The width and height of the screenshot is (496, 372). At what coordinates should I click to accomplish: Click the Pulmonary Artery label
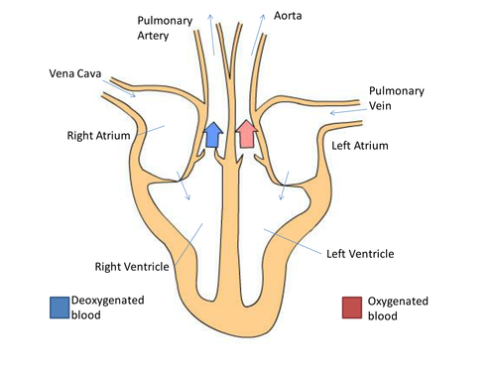click(165, 28)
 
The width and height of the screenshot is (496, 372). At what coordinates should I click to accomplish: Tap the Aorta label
click(288, 16)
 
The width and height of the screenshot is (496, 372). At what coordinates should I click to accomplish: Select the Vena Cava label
click(75, 73)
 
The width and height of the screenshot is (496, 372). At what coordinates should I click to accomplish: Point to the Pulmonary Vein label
click(397, 98)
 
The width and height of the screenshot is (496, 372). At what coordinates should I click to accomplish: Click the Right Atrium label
click(98, 136)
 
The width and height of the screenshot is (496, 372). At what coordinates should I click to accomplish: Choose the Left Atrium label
click(360, 146)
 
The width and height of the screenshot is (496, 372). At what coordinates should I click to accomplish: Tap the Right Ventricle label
click(132, 267)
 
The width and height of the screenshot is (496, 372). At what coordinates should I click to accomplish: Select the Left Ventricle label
click(360, 254)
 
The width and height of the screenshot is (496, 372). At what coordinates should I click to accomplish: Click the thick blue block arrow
click(213, 135)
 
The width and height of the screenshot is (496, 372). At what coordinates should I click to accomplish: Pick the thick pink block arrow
click(247, 134)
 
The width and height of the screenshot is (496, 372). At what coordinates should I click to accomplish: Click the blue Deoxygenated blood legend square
click(60, 308)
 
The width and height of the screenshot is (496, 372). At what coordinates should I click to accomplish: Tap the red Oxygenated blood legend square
click(352, 308)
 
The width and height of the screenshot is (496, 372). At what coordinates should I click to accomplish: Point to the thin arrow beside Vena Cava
click(119, 88)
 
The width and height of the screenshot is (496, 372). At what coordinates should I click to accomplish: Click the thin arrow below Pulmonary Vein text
click(348, 111)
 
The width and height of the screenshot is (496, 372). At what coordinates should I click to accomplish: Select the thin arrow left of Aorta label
click(258, 35)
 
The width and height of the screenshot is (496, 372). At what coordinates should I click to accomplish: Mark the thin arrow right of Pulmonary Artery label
click(211, 35)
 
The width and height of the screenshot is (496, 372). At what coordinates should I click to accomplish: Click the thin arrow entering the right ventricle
click(184, 186)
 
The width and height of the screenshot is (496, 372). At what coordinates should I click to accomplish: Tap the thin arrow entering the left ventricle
click(284, 186)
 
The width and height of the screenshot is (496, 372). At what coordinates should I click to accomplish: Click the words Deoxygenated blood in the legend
click(108, 308)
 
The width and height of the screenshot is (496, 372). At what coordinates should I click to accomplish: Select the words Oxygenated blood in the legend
click(398, 309)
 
